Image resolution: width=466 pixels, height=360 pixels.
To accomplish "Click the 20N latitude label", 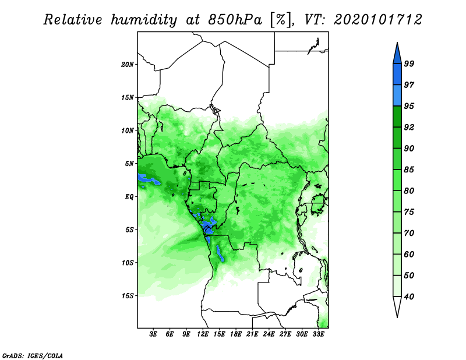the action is [x=128, y=65].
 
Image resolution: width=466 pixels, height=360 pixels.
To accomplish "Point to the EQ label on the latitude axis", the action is [x=129, y=197].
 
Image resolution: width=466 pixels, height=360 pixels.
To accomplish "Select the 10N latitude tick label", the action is [x=128, y=130].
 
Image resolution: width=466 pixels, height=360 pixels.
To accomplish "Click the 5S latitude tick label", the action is [x=129, y=230].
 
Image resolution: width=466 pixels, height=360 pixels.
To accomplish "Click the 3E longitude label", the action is [x=153, y=334].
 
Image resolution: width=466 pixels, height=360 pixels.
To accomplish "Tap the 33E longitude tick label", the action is [x=318, y=334].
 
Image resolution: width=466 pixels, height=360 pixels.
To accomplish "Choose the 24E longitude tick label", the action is [x=269, y=334].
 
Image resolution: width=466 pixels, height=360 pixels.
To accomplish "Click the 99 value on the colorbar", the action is [x=409, y=63].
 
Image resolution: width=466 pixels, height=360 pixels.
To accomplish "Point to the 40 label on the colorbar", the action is [x=409, y=297].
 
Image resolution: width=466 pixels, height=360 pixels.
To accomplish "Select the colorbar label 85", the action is [x=409, y=170].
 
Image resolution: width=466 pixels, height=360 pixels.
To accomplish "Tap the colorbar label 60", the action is [x=409, y=254].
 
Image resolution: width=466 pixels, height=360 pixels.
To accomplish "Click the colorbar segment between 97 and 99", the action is [x=397, y=75].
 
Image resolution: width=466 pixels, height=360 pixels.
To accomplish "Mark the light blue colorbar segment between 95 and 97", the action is [x=397, y=96].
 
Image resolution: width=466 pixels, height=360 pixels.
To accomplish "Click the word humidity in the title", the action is [x=144, y=20].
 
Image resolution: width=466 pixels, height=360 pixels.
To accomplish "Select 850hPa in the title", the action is [x=235, y=20].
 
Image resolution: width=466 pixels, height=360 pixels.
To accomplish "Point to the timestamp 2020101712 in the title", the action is [x=377, y=20].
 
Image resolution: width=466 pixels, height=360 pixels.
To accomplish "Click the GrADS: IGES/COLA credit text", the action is [x=33, y=355].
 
